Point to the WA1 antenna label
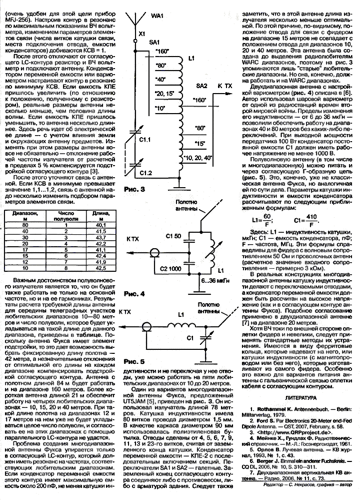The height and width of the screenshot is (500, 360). click(x=157, y=16)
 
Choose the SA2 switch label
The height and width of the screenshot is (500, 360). click(x=201, y=86)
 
